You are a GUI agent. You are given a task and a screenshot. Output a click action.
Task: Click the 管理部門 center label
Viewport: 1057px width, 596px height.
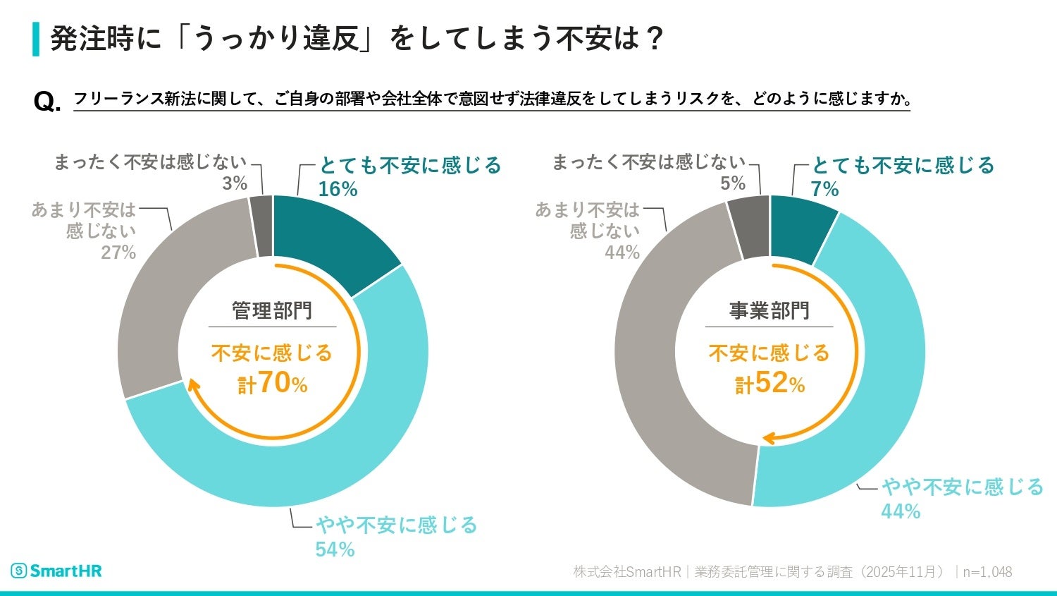point(272,310)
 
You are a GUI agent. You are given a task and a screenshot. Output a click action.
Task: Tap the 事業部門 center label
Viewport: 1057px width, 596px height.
point(769,310)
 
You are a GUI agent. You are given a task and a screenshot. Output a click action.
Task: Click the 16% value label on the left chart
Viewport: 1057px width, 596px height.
point(338,189)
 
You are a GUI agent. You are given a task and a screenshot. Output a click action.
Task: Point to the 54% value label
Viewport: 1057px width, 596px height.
point(335,549)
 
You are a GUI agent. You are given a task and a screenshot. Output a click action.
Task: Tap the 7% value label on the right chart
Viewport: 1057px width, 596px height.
point(824,189)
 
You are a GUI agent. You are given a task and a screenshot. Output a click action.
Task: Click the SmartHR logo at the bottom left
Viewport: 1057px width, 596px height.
point(56,571)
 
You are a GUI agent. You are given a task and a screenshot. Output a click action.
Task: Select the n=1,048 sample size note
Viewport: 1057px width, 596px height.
point(987,571)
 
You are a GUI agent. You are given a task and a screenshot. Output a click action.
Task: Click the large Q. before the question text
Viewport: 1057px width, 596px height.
point(47,102)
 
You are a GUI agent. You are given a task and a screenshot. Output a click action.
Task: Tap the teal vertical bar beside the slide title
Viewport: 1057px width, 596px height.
point(36,39)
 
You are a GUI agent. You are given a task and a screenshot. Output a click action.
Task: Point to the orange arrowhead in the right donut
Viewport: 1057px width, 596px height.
point(768,439)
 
